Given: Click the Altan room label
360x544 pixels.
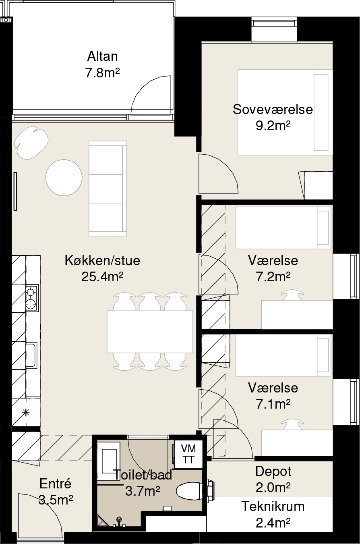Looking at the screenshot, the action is [102, 56].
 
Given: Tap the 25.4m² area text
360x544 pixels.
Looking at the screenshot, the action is [102, 276].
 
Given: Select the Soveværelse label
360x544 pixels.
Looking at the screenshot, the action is [273, 109].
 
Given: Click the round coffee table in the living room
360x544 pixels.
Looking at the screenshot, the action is [64, 178].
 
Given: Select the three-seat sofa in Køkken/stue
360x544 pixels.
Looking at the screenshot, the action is [108, 188].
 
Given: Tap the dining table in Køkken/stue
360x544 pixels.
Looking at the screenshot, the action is [150, 331].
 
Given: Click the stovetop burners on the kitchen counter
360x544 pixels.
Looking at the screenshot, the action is [31, 298].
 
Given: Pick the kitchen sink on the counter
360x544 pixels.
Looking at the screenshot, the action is [31, 355].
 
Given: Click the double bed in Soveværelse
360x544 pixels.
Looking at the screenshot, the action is [285, 112].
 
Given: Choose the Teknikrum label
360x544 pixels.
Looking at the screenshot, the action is [273, 507].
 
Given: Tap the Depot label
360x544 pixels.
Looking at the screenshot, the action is [273, 471].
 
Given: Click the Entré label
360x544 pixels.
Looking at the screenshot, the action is [55, 484].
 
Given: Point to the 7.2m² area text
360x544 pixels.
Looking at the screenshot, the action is [273, 276].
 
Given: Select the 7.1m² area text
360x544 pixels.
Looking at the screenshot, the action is [273, 404].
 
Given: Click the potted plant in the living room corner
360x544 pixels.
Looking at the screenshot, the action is [31, 143].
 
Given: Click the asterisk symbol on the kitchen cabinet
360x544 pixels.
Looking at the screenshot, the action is [25, 412].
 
